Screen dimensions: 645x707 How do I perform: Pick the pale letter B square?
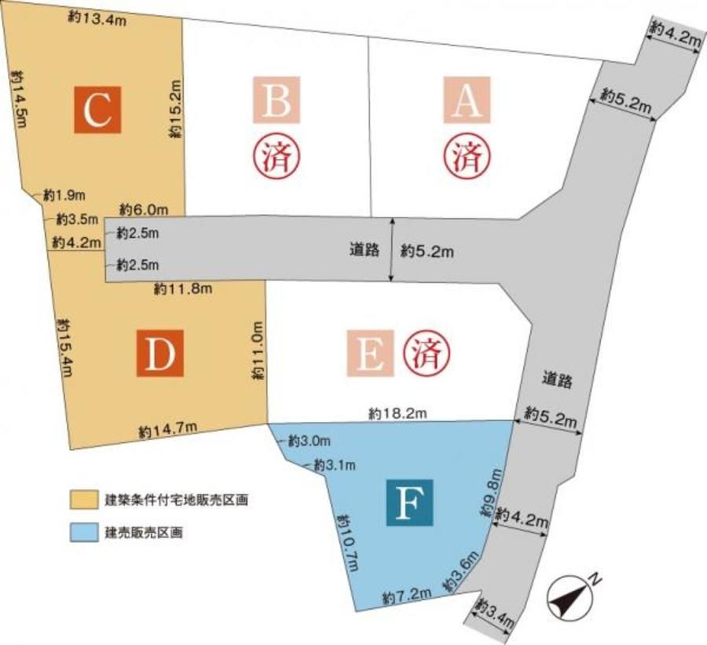[277, 99]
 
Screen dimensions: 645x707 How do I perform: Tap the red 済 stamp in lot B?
[275, 156]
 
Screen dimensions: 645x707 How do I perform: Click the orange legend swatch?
[82, 500]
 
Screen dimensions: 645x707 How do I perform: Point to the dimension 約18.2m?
[397, 412]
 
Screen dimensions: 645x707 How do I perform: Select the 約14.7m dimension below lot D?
[167, 430]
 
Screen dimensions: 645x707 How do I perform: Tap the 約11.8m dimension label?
[183, 289]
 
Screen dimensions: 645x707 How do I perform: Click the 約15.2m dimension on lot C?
[177, 108]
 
